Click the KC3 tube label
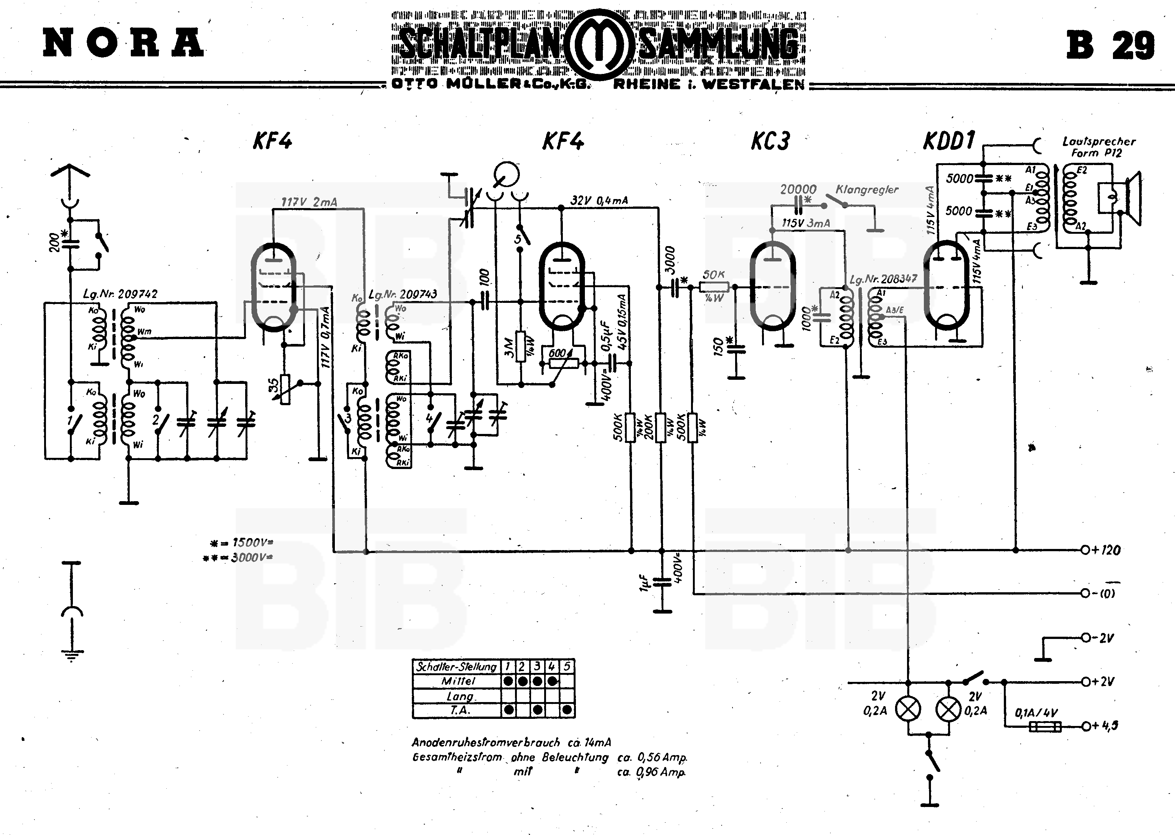tap(770, 140)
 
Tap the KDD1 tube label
tap(949, 140)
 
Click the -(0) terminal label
tap(1104, 593)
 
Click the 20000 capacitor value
tap(798, 190)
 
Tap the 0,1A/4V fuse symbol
tap(1044, 726)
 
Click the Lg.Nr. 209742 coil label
tap(120, 294)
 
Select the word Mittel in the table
tap(458, 681)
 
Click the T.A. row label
tap(458, 710)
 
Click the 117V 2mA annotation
tap(309, 202)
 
